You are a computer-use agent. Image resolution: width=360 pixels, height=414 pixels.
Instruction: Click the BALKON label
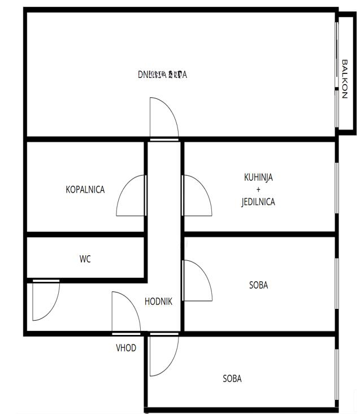[344, 79]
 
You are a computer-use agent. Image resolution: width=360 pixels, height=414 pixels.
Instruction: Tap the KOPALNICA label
[85, 190]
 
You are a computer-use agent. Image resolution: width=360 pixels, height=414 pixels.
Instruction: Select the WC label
[85, 259]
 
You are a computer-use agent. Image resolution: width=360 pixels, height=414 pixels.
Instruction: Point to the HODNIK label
[158, 302]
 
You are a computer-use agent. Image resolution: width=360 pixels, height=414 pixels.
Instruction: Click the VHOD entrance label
[126, 348]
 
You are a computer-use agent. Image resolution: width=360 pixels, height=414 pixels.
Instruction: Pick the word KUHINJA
[258, 177]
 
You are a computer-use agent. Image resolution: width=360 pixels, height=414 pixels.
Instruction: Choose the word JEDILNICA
[258, 202]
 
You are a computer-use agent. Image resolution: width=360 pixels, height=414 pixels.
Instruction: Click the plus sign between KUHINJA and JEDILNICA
[258, 190]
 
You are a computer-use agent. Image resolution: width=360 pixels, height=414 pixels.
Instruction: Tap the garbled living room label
[162, 74]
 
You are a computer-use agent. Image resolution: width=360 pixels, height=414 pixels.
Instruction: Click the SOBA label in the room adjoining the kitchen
[258, 285]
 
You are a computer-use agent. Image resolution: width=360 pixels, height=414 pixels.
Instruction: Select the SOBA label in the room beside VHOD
[232, 378]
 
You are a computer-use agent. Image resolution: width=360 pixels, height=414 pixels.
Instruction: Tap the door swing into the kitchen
[195, 197]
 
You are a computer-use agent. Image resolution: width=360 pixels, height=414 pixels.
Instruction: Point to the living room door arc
[163, 119]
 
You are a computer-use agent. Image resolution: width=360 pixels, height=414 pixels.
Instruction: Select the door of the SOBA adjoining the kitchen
[196, 281]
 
